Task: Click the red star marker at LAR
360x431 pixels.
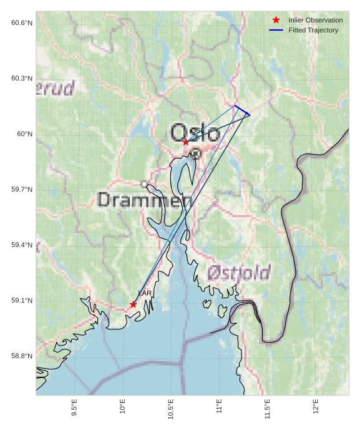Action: point(134,304)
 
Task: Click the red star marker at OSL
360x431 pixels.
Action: point(186,142)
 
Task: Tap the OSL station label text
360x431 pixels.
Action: point(196,130)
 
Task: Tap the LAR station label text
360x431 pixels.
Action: point(145,293)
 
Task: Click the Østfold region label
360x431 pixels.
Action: point(239,273)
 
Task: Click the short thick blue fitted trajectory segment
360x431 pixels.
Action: point(242,110)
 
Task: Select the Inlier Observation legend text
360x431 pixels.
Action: point(315,20)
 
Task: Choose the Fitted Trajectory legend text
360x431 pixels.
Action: point(313,30)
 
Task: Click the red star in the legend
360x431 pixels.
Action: point(276,20)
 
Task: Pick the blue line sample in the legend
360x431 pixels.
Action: point(276,30)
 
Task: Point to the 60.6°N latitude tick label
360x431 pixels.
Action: point(22,23)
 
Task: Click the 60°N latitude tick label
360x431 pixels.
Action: point(25,134)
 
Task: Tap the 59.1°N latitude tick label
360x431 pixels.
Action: point(22,301)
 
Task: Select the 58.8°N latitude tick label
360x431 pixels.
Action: point(22,356)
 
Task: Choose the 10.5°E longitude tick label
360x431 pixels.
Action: point(170,409)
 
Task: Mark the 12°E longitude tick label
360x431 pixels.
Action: point(315,406)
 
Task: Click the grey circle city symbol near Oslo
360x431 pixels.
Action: point(196,152)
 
